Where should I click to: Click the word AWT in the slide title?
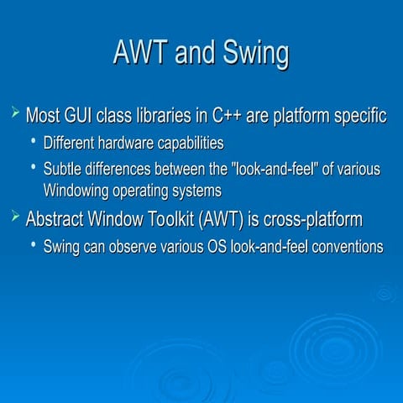140,54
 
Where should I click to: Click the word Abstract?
56,220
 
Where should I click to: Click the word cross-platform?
313,220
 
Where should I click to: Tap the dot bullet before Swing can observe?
34,244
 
